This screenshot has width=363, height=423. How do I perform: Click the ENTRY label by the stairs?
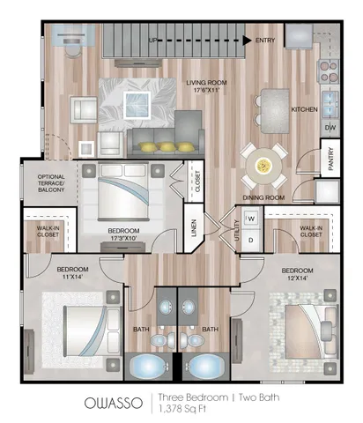tap(265, 41)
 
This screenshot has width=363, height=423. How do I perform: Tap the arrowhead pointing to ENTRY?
tap(248, 41)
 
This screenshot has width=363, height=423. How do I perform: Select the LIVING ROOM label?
tap(206, 83)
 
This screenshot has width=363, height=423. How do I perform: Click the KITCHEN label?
tap(304, 109)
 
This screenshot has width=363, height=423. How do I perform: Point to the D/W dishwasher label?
tap(330, 128)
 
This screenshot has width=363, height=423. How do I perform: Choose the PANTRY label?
tap(330, 159)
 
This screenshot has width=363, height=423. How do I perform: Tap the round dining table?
tap(263, 166)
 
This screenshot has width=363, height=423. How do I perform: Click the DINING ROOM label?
tap(263, 197)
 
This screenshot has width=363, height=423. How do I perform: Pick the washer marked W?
tap(251, 219)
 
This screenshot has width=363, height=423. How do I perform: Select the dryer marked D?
tap(251, 241)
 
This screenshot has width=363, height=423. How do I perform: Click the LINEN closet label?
tap(194, 228)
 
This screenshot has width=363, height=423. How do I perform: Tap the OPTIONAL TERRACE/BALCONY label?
tap(51, 183)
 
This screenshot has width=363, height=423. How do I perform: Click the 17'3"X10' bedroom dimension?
tap(123, 238)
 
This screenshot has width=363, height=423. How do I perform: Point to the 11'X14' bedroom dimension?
tap(72, 277)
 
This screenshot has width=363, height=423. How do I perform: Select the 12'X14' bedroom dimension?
tap(297, 278)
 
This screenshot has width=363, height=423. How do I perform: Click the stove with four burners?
tap(329, 71)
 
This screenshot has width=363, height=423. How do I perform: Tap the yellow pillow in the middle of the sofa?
tap(167, 146)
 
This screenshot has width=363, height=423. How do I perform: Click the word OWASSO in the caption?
tap(114, 403)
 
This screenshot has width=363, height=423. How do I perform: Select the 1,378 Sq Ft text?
tap(182, 409)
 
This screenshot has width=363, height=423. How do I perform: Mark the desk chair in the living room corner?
tap(73, 52)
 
